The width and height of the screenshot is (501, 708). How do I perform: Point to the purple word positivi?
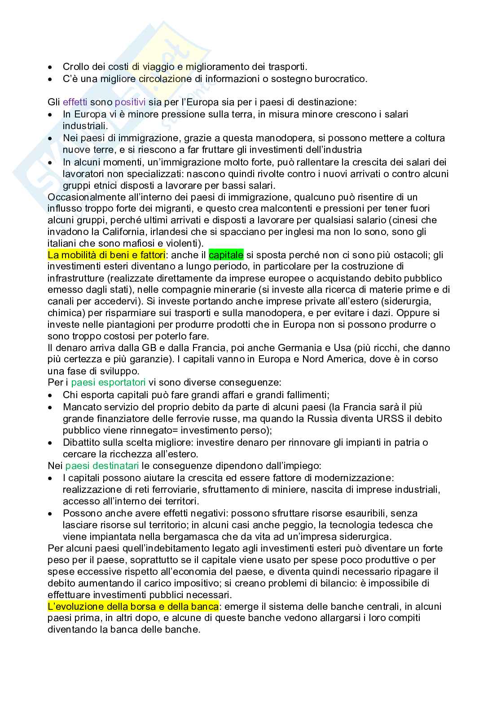[130, 102]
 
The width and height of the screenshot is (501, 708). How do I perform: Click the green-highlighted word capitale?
[226, 255]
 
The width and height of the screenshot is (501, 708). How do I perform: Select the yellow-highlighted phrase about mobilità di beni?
[106, 255]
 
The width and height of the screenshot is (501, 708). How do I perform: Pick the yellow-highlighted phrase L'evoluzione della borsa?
[133, 606]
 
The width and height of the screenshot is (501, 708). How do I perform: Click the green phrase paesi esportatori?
[108, 383]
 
